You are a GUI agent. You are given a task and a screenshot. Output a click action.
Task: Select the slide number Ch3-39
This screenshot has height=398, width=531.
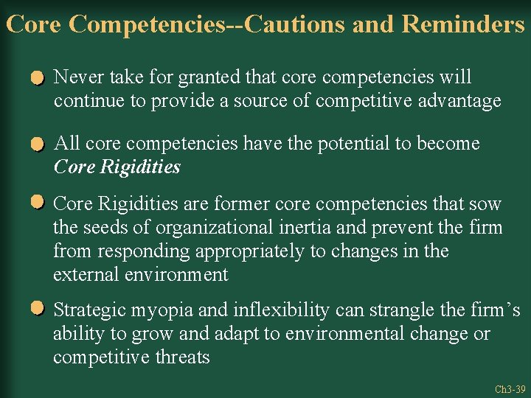510,389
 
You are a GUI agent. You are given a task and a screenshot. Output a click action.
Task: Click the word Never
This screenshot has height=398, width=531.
79,77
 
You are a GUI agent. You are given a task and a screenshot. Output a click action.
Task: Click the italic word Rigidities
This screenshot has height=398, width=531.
139,167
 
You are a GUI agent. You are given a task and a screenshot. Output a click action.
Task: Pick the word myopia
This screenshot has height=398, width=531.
157,310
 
